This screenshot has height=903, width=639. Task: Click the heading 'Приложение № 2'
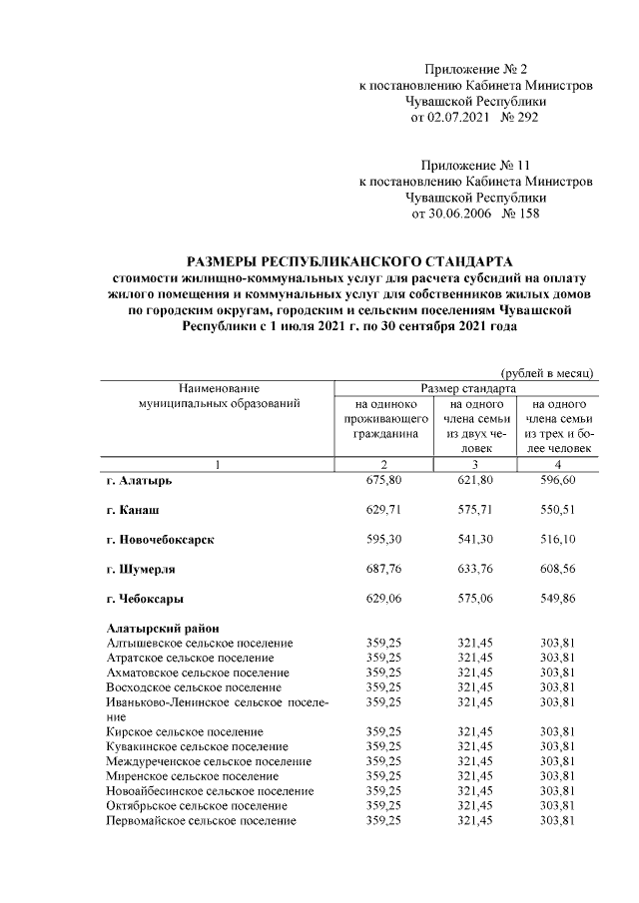[475, 69]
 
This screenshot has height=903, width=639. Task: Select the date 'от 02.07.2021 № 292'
[475, 118]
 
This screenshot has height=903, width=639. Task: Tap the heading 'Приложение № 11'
[475, 165]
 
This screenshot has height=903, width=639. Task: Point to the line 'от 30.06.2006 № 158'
[475, 213]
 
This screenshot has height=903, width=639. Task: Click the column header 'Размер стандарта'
[467, 386]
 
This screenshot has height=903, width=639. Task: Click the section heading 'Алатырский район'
[163, 628]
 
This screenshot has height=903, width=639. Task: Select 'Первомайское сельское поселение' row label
[201, 820]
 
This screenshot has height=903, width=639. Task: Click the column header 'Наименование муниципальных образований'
[219, 395]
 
